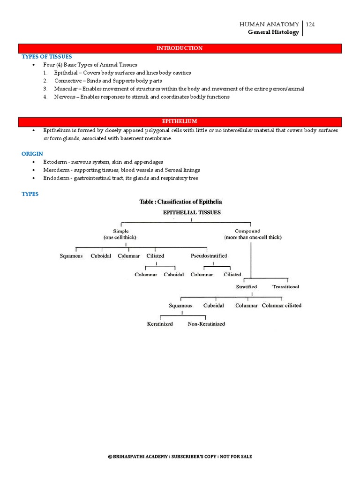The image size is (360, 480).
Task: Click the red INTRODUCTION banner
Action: [x=180, y=48]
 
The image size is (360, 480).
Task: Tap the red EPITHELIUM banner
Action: [x=180, y=121]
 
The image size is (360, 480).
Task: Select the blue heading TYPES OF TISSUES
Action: [x=47, y=57]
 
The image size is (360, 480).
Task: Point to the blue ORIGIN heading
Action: [x=32, y=154]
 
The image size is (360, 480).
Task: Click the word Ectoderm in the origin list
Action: [x=54, y=162]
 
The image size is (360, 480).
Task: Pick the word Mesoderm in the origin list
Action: [x=55, y=170]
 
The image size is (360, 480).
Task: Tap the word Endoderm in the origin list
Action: [x=55, y=178]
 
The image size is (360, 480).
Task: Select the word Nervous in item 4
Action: [x=64, y=97]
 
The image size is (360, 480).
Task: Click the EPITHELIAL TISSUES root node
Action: [x=191, y=212]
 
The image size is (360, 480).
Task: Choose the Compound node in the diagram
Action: [x=247, y=231]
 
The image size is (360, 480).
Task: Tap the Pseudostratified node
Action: [x=209, y=256]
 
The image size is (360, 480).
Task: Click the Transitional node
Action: [x=286, y=286]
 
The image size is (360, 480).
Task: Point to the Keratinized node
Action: [x=160, y=324]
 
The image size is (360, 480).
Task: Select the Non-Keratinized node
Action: [x=206, y=324]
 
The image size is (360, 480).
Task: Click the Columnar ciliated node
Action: [x=281, y=306]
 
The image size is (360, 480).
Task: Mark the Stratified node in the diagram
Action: [x=246, y=286]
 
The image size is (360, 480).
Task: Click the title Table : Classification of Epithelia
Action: [x=180, y=202]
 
